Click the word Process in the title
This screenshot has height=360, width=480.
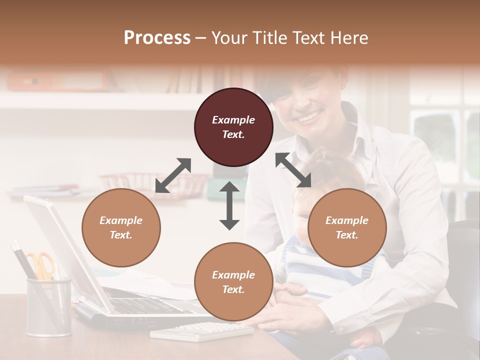pyautogui.click(x=157, y=38)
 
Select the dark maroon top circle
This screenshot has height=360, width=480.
pyautogui.click(x=233, y=127)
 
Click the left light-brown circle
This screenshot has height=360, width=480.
pyautogui.click(x=121, y=227)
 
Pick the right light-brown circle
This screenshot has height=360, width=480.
pyautogui.click(x=347, y=227)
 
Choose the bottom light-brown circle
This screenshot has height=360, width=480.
pyautogui.click(x=233, y=282)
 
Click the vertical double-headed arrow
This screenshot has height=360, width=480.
pyautogui.click(x=229, y=205)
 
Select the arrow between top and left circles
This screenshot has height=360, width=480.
pyautogui.click(x=173, y=175)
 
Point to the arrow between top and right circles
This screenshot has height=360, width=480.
pyautogui.click(x=293, y=170)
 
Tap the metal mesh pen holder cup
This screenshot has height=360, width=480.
pyautogui.click(x=48, y=307)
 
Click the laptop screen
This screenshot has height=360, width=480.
pyautogui.click(x=60, y=245)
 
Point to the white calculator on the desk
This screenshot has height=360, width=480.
pyautogui.click(x=202, y=331)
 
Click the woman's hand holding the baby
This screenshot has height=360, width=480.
pyautogui.click(x=290, y=310)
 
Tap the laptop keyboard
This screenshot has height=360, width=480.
pyautogui.click(x=145, y=305)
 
